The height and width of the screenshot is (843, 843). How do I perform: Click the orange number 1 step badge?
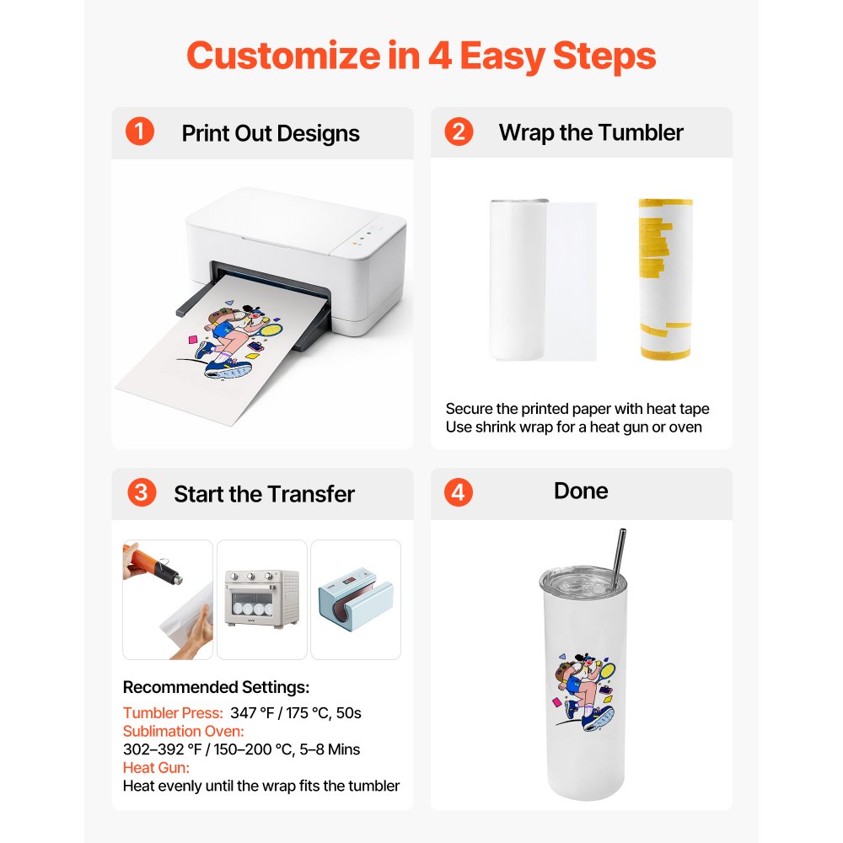click(140, 132)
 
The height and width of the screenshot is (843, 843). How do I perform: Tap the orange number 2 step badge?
click(459, 132)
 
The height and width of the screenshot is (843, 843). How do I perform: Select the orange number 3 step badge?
click(142, 493)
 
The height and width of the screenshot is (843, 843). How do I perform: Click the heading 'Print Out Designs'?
click(271, 133)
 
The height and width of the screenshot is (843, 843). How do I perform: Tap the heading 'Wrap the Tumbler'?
click(590, 132)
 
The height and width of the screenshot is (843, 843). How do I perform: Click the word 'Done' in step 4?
click(581, 491)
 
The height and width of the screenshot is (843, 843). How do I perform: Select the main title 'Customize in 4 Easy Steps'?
click(421, 56)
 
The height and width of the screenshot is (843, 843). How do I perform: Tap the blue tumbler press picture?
click(356, 600)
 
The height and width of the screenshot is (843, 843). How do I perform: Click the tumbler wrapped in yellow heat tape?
click(664, 278)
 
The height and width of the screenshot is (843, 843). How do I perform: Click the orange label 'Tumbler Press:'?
click(173, 713)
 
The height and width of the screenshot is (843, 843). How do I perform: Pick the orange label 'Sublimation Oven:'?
click(184, 731)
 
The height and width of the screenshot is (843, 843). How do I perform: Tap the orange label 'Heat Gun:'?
click(156, 768)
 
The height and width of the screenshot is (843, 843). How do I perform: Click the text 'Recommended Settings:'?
click(216, 687)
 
